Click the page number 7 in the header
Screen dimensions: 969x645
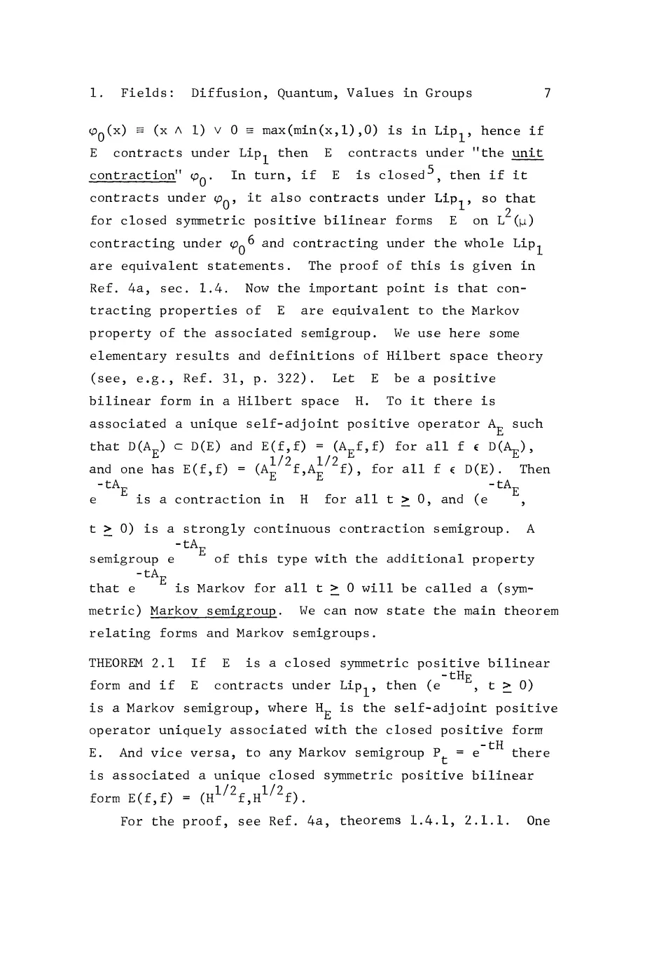tap(547, 93)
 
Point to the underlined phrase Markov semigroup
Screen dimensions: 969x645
tap(214, 611)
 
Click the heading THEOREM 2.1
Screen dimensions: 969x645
tap(132, 663)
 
